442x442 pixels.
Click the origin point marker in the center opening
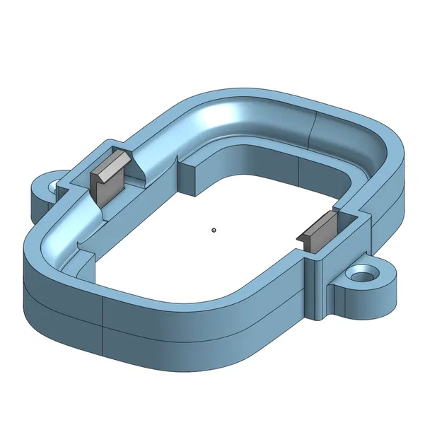point(214,230)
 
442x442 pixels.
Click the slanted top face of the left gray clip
point(111,163)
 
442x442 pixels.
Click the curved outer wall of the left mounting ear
point(39,202)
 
